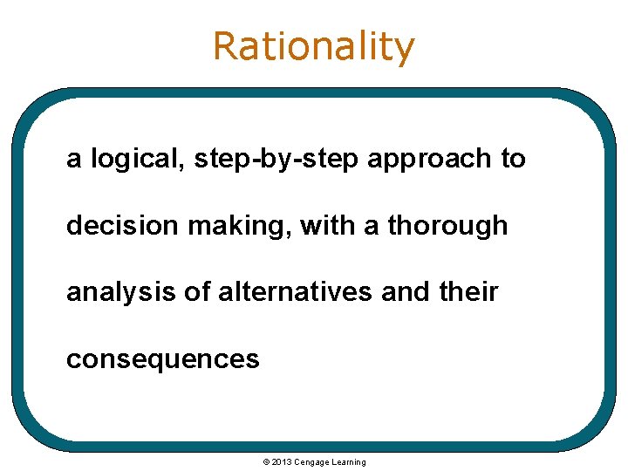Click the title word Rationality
tap(314, 46)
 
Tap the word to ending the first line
tap(513, 160)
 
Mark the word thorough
tap(447, 226)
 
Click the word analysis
tap(115, 292)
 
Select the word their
tap(469, 291)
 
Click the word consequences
tap(162, 358)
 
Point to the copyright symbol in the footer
tap(266, 461)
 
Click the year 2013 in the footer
tap(282, 461)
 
